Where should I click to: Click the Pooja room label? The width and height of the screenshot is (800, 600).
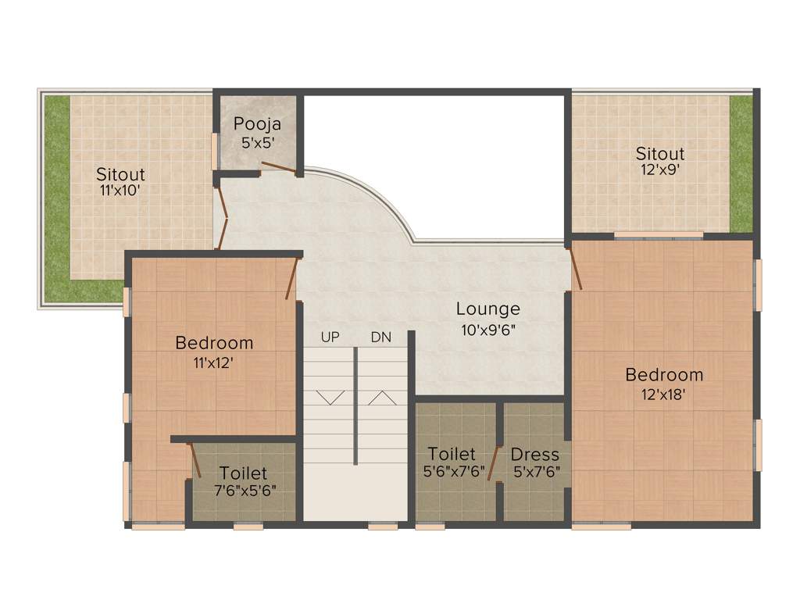pyautogui.click(x=257, y=123)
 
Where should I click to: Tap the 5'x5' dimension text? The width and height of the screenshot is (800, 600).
pyautogui.click(x=257, y=142)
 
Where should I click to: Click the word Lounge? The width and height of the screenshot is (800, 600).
pyautogui.click(x=488, y=309)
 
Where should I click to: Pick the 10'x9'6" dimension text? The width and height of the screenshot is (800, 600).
pyautogui.click(x=488, y=329)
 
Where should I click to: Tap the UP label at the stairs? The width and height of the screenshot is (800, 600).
pyautogui.click(x=330, y=337)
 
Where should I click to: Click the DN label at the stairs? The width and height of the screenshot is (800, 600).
pyautogui.click(x=381, y=337)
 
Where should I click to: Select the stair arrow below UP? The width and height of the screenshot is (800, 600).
pyautogui.click(x=330, y=398)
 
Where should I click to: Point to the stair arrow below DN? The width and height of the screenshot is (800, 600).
pyautogui.click(x=381, y=398)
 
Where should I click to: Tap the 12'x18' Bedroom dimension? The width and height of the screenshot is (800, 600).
pyautogui.click(x=664, y=395)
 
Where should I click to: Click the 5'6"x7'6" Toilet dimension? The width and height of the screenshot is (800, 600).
pyautogui.click(x=452, y=472)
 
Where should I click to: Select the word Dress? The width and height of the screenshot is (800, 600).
pyautogui.click(x=535, y=454)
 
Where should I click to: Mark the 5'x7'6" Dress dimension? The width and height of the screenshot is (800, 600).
pyautogui.click(x=536, y=472)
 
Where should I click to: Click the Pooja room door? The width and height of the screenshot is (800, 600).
pyautogui.click(x=277, y=166)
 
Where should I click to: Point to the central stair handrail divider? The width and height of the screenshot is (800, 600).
pyautogui.click(x=356, y=406)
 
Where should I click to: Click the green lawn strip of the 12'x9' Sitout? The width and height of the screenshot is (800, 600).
pyautogui.click(x=741, y=164)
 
